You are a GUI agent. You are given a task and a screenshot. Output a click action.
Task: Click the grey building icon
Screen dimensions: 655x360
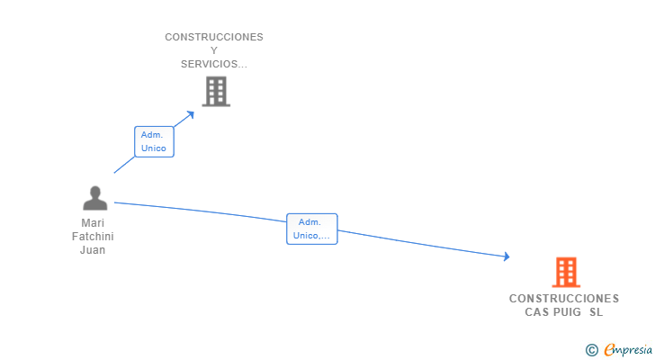click(216, 92)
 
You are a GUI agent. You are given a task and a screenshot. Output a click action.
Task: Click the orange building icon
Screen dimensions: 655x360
click(565, 272)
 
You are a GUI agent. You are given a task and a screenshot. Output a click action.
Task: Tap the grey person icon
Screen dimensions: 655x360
click(94, 198)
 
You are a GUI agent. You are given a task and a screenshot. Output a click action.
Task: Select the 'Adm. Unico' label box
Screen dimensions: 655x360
click(154, 141)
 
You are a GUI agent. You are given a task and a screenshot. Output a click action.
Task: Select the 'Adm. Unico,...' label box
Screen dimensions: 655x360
click(311, 229)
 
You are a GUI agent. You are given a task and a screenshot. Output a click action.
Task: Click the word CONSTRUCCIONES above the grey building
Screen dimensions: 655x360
click(214, 37)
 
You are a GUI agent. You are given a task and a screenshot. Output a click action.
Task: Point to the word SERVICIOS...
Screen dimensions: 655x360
click(211, 64)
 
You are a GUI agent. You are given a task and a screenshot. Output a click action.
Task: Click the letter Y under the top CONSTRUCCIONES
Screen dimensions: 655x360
click(214, 50)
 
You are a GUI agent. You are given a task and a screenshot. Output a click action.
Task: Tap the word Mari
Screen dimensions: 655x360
click(93, 223)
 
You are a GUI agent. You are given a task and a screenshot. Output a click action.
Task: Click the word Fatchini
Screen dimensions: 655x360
click(93, 237)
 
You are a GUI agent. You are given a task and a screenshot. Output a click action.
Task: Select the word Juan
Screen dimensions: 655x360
click(93, 250)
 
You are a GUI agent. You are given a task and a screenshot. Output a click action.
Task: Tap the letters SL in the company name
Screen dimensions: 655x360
click(597, 312)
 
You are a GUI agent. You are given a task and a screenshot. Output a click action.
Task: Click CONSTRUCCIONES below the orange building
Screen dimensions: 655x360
click(564, 299)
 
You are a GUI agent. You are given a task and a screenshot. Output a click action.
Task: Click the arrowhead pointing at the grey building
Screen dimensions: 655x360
click(190, 114)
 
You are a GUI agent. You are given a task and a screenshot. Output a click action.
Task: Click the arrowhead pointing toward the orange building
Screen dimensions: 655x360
click(506, 256)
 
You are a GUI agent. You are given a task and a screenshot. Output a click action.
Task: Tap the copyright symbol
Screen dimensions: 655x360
click(591, 349)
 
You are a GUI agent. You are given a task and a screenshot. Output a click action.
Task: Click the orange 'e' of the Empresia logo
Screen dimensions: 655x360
click(609, 350)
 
